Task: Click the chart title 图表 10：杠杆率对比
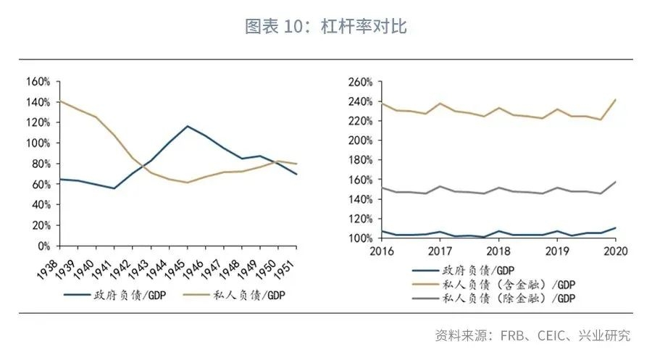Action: point(326,28)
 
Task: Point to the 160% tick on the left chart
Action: point(36,81)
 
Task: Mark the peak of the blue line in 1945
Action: point(188,126)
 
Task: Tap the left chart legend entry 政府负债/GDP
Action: point(112,295)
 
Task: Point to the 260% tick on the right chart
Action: point(359,81)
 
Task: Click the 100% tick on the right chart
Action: point(359,238)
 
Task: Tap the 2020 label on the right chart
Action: point(614,251)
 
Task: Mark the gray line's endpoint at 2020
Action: point(615,182)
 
